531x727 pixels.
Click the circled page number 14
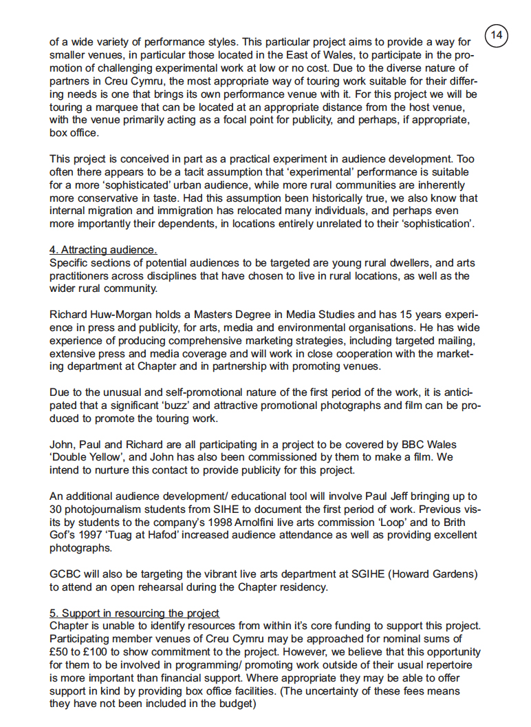coord(497,34)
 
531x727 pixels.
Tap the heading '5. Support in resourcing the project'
coord(134,613)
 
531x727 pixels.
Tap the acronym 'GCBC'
coord(67,574)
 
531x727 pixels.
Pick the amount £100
coord(100,652)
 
